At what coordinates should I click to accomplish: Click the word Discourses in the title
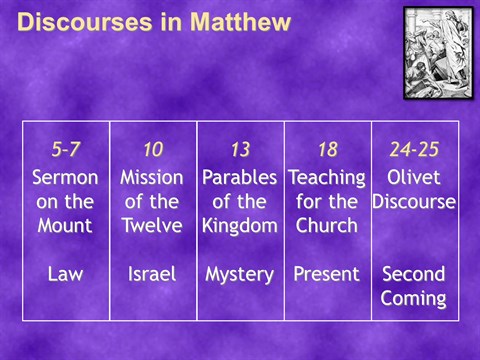(x=84, y=22)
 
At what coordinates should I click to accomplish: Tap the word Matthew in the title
(x=240, y=22)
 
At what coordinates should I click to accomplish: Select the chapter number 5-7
(x=66, y=149)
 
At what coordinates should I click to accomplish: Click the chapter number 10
(x=153, y=149)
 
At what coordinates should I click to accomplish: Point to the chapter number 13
(x=240, y=149)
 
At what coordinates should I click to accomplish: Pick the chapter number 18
(x=328, y=149)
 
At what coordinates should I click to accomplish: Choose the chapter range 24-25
(x=414, y=149)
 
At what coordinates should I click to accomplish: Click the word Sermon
(x=65, y=177)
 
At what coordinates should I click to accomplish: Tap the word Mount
(x=65, y=226)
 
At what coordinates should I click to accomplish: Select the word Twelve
(x=153, y=226)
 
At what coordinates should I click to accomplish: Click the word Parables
(x=240, y=177)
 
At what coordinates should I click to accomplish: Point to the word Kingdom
(x=240, y=226)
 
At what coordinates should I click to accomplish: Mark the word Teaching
(x=327, y=178)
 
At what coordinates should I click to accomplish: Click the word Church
(x=327, y=226)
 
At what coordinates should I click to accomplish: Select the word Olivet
(x=414, y=177)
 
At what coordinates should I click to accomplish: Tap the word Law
(x=65, y=274)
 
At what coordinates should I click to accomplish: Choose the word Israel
(x=152, y=274)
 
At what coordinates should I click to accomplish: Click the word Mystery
(x=240, y=275)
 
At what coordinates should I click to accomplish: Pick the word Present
(x=327, y=274)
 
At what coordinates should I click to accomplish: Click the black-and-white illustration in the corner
(x=439, y=53)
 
